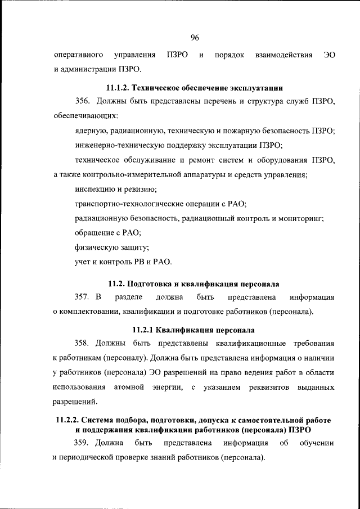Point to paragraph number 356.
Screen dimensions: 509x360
pyautogui.click(x=83, y=102)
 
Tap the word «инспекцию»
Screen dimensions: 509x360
pyautogui.click(x=94, y=190)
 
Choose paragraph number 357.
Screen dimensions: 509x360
pyautogui.click(x=83, y=297)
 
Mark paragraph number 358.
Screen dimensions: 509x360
pyautogui.click(x=83, y=344)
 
